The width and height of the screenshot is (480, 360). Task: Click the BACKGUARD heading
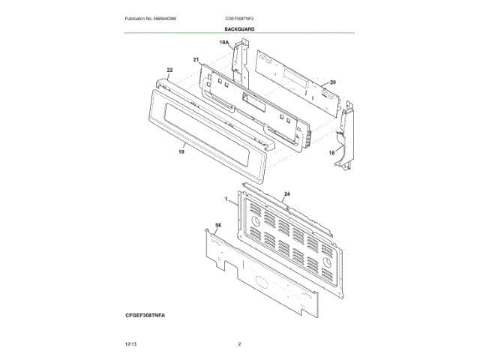point(239,29)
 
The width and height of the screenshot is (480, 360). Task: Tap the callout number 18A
point(223,44)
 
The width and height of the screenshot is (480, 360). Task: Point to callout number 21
point(196,60)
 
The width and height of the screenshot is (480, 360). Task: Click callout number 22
point(169,70)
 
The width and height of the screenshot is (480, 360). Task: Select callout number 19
point(181,151)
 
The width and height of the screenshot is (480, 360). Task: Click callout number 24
point(287,193)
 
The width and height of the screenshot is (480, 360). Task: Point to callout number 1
point(226,199)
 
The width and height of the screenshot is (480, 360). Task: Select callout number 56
point(218,225)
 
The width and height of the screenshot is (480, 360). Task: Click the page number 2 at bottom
point(239,343)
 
